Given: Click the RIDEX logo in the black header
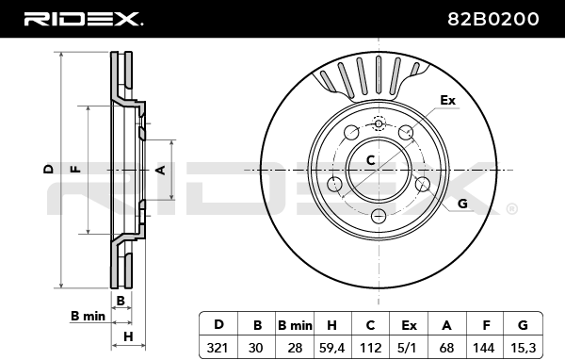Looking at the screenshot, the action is pos(83,19).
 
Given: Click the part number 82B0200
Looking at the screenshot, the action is pos(493,19).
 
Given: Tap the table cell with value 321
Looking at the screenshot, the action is pos(218,348).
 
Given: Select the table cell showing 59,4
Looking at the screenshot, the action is pos(331,348).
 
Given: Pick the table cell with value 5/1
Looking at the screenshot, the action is pos(409,348).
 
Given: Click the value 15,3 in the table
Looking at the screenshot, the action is pos(523,348).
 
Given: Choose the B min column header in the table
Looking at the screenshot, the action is pos(295,325).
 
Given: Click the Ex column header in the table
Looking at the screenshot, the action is pos(409,325).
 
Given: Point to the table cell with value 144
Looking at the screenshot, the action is pos(484,348).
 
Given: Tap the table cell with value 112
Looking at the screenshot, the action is pos(370,348).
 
